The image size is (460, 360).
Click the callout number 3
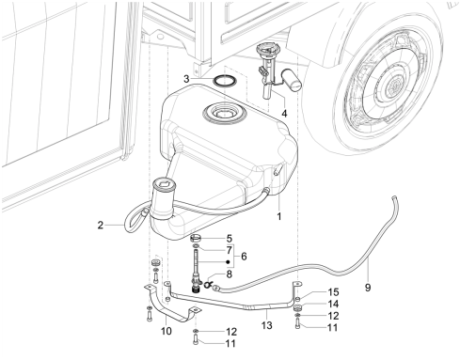click(x=186, y=79)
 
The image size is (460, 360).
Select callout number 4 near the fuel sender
click(x=284, y=114)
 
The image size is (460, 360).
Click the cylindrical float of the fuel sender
click(x=293, y=80)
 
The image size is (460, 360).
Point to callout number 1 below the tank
click(x=278, y=216)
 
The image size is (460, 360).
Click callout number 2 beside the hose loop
click(x=100, y=225)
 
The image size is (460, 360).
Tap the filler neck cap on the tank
click(x=163, y=183)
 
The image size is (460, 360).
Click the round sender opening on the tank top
click(x=223, y=113)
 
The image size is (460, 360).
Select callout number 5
click(x=230, y=239)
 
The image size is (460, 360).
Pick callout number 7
click(x=230, y=250)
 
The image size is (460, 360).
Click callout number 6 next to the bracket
click(x=244, y=257)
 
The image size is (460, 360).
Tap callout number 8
click(x=230, y=274)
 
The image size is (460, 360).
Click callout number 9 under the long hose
click(x=368, y=287)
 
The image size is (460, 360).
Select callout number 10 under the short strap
click(x=167, y=331)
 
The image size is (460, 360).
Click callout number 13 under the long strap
click(x=267, y=325)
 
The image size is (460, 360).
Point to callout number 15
click(x=333, y=292)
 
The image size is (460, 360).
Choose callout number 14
click(x=333, y=304)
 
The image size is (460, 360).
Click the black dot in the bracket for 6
click(x=229, y=262)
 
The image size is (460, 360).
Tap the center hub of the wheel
click(x=393, y=85)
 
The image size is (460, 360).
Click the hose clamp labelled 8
click(x=207, y=285)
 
